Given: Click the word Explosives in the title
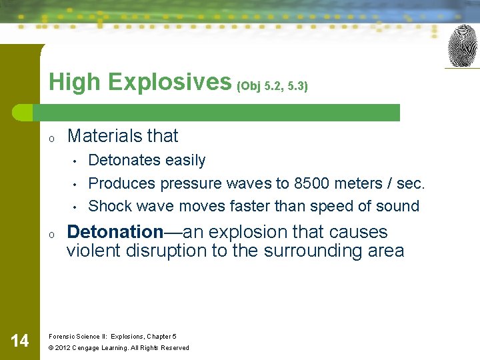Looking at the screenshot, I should (169, 82).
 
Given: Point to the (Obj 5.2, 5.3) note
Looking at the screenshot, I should (273, 87).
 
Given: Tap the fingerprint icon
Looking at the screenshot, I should (463, 46).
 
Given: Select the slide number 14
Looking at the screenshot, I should (20, 341).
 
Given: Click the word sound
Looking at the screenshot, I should (397, 206).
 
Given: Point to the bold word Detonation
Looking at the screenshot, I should (115, 232).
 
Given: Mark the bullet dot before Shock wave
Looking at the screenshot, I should (77, 207).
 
